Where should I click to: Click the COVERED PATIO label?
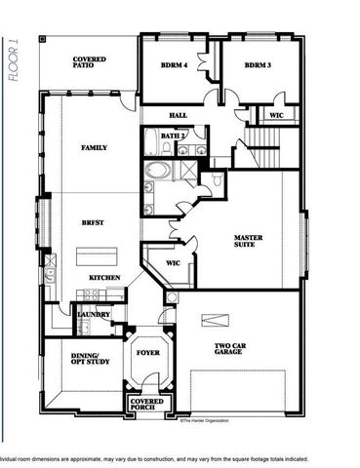tap(89, 64)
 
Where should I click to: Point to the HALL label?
tap(178, 115)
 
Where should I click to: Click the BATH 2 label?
tap(173, 136)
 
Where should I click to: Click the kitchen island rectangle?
tap(97, 255)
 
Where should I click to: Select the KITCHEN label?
tap(105, 278)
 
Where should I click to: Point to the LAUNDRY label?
tap(94, 314)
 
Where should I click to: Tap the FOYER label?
tap(148, 353)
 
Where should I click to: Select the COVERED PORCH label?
tap(147, 403)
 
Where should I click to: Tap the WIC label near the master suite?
tap(173, 263)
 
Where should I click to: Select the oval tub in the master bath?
tap(156, 172)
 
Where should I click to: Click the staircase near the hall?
tap(266, 153)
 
